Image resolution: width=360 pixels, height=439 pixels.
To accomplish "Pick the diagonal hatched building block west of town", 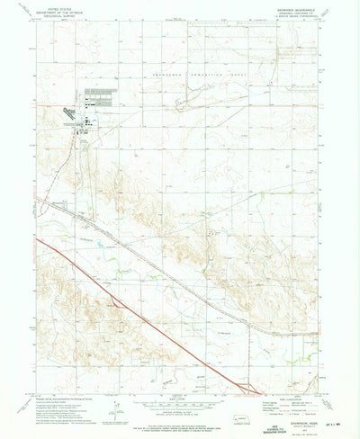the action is (x=69, y=112).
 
